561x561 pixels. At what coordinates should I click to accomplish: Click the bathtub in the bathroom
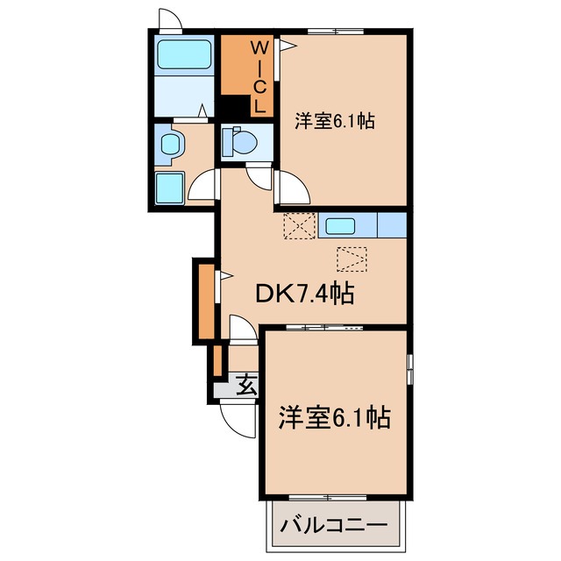184,55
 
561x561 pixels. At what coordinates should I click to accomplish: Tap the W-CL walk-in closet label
259,77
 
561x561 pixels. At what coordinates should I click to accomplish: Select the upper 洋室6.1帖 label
335,123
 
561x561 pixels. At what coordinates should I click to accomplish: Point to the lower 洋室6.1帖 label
335,417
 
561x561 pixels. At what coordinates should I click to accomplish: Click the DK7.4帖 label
303,295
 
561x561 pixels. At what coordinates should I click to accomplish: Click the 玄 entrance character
246,384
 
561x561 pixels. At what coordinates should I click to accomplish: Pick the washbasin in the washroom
169,142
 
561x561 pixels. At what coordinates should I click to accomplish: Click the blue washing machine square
169,186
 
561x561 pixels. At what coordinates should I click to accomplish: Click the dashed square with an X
298,227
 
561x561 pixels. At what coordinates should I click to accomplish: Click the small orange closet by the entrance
215,361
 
